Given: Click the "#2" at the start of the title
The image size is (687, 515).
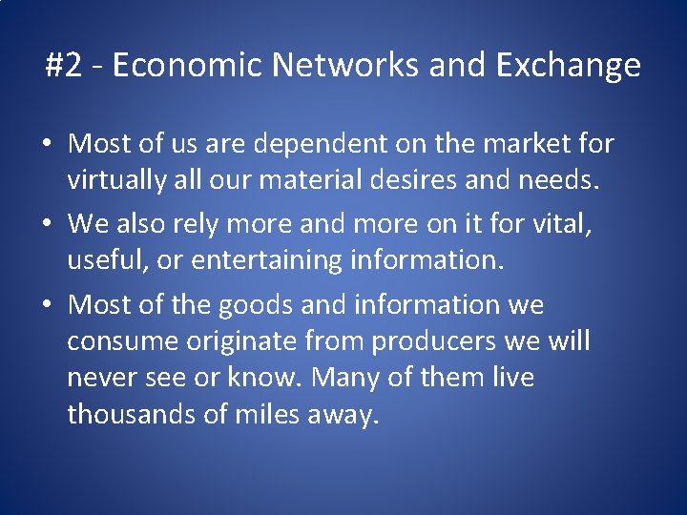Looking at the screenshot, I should (x=64, y=66).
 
